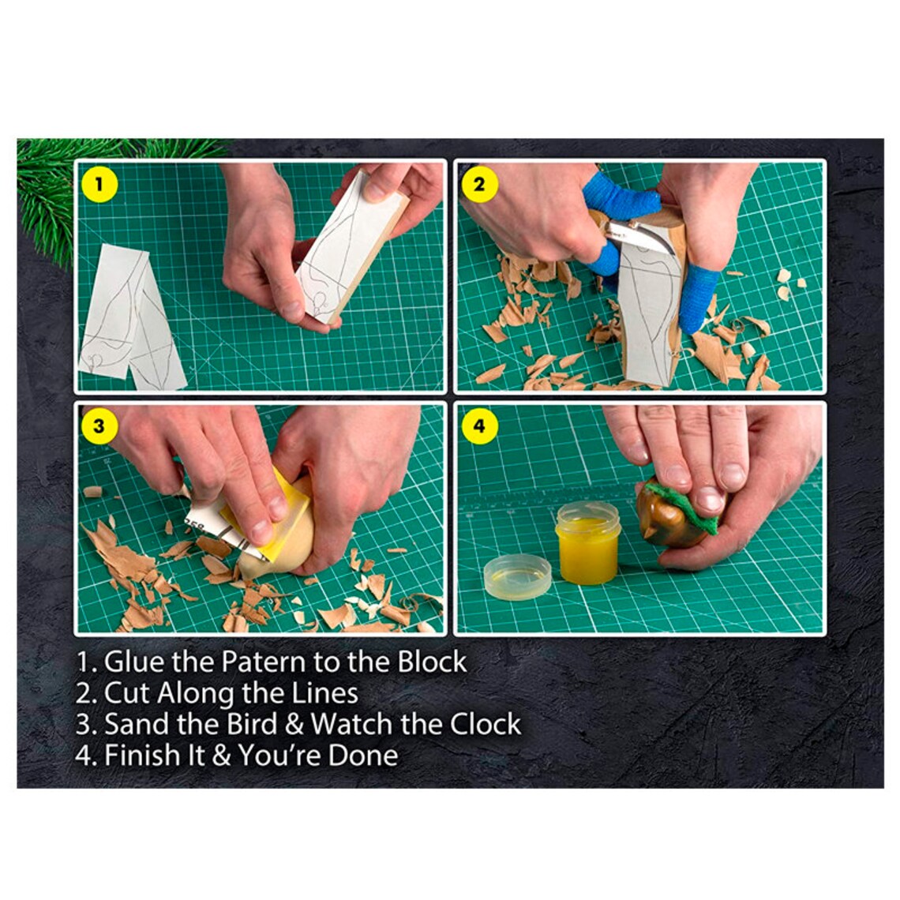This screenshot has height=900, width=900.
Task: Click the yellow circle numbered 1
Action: (x=99, y=185)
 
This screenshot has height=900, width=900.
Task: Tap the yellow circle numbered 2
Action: (x=479, y=186)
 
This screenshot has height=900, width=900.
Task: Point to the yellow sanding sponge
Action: (x=280, y=513)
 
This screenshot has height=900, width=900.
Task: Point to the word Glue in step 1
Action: (x=132, y=661)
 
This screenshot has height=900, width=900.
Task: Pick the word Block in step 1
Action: (x=432, y=661)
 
